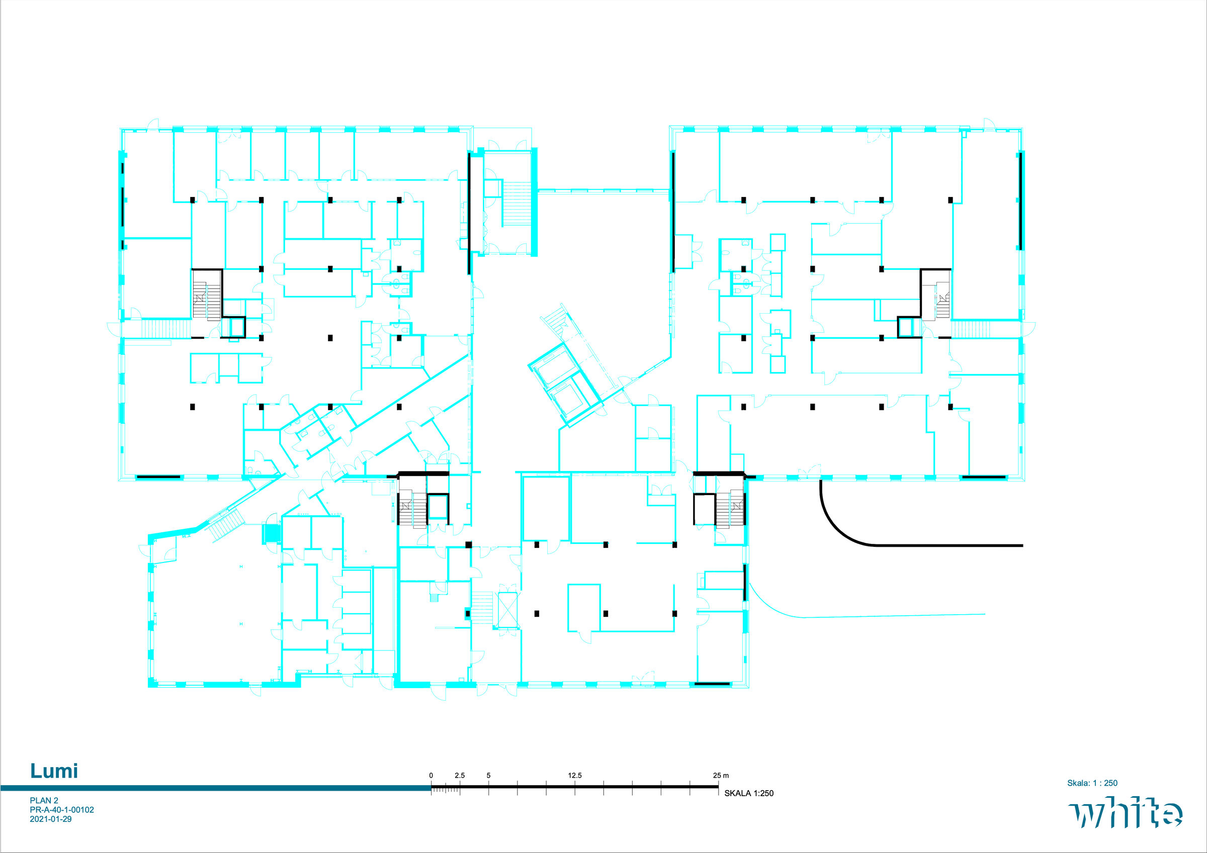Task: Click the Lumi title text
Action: [x=54, y=771]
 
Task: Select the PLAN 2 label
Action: [x=44, y=800]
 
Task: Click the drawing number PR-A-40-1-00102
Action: [x=62, y=810]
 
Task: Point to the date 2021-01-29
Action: [x=50, y=819]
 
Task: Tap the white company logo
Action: [x=1125, y=813]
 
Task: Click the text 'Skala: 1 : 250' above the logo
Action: [x=1092, y=783]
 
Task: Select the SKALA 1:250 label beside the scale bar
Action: [x=749, y=793]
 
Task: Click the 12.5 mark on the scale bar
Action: [x=575, y=775]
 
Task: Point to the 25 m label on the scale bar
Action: [x=721, y=775]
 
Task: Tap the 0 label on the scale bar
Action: [x=431, y=775]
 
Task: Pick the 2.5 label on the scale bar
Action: [x=460, y=775]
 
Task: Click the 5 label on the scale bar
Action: [x=488, y=775]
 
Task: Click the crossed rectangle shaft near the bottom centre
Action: [x=507, y=610]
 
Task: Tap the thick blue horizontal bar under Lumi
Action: [x=216, y=788]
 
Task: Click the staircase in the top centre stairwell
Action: [x=518, y=205]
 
